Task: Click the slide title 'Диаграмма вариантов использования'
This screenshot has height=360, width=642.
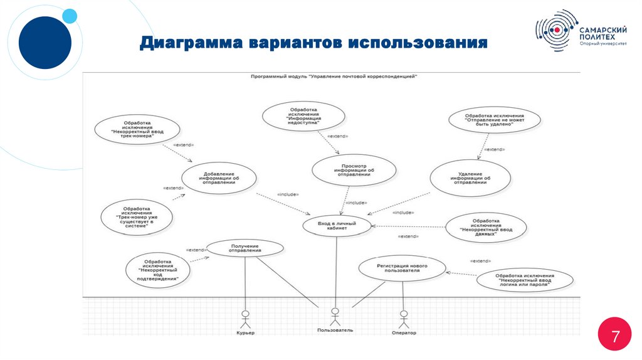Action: pos(313,43)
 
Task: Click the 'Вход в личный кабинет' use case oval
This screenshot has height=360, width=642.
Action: pos(337,226)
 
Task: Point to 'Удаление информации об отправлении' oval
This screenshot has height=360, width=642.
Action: pos(470,177)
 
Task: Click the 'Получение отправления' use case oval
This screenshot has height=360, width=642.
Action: pos(245,248)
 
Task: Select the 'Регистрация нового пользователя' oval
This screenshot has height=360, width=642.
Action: pos(402,268)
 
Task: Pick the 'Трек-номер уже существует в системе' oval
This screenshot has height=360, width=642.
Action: pos(137,216)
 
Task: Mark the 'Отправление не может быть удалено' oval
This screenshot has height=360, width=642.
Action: pos(494,120)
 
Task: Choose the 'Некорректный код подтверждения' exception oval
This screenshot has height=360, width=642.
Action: pos(157,270)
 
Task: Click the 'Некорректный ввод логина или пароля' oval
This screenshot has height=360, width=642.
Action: pos(524,279)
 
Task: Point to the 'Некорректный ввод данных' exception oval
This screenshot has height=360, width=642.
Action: pos(486,227)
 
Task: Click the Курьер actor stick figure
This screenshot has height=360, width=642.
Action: pos(245,317)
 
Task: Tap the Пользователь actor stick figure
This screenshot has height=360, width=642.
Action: pos(335,315)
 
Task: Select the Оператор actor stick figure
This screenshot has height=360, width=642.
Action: pos(403,317)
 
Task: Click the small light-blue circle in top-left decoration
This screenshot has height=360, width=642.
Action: pos(70,16)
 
